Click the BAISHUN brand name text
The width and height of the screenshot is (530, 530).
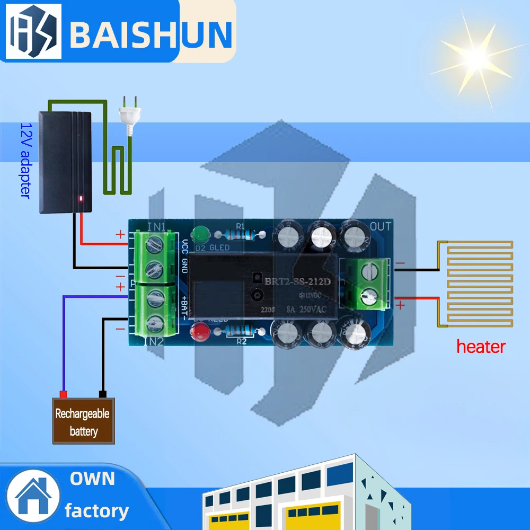pyautogui.click(x=151, y=33)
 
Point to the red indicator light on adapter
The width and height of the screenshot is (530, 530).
pyautogui.click(x=81, y=199)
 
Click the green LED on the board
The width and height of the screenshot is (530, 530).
pyautogui.click(x=201, y=233)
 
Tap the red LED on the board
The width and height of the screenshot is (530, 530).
pyautogui.click(x=201, y=333)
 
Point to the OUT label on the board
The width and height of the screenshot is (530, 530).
pyautogui.click(x=380, y=227)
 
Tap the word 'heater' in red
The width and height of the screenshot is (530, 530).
pyautogui.click(x=481, y=347)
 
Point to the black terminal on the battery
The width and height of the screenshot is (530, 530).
pyautogui.click(x=103, y=394)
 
